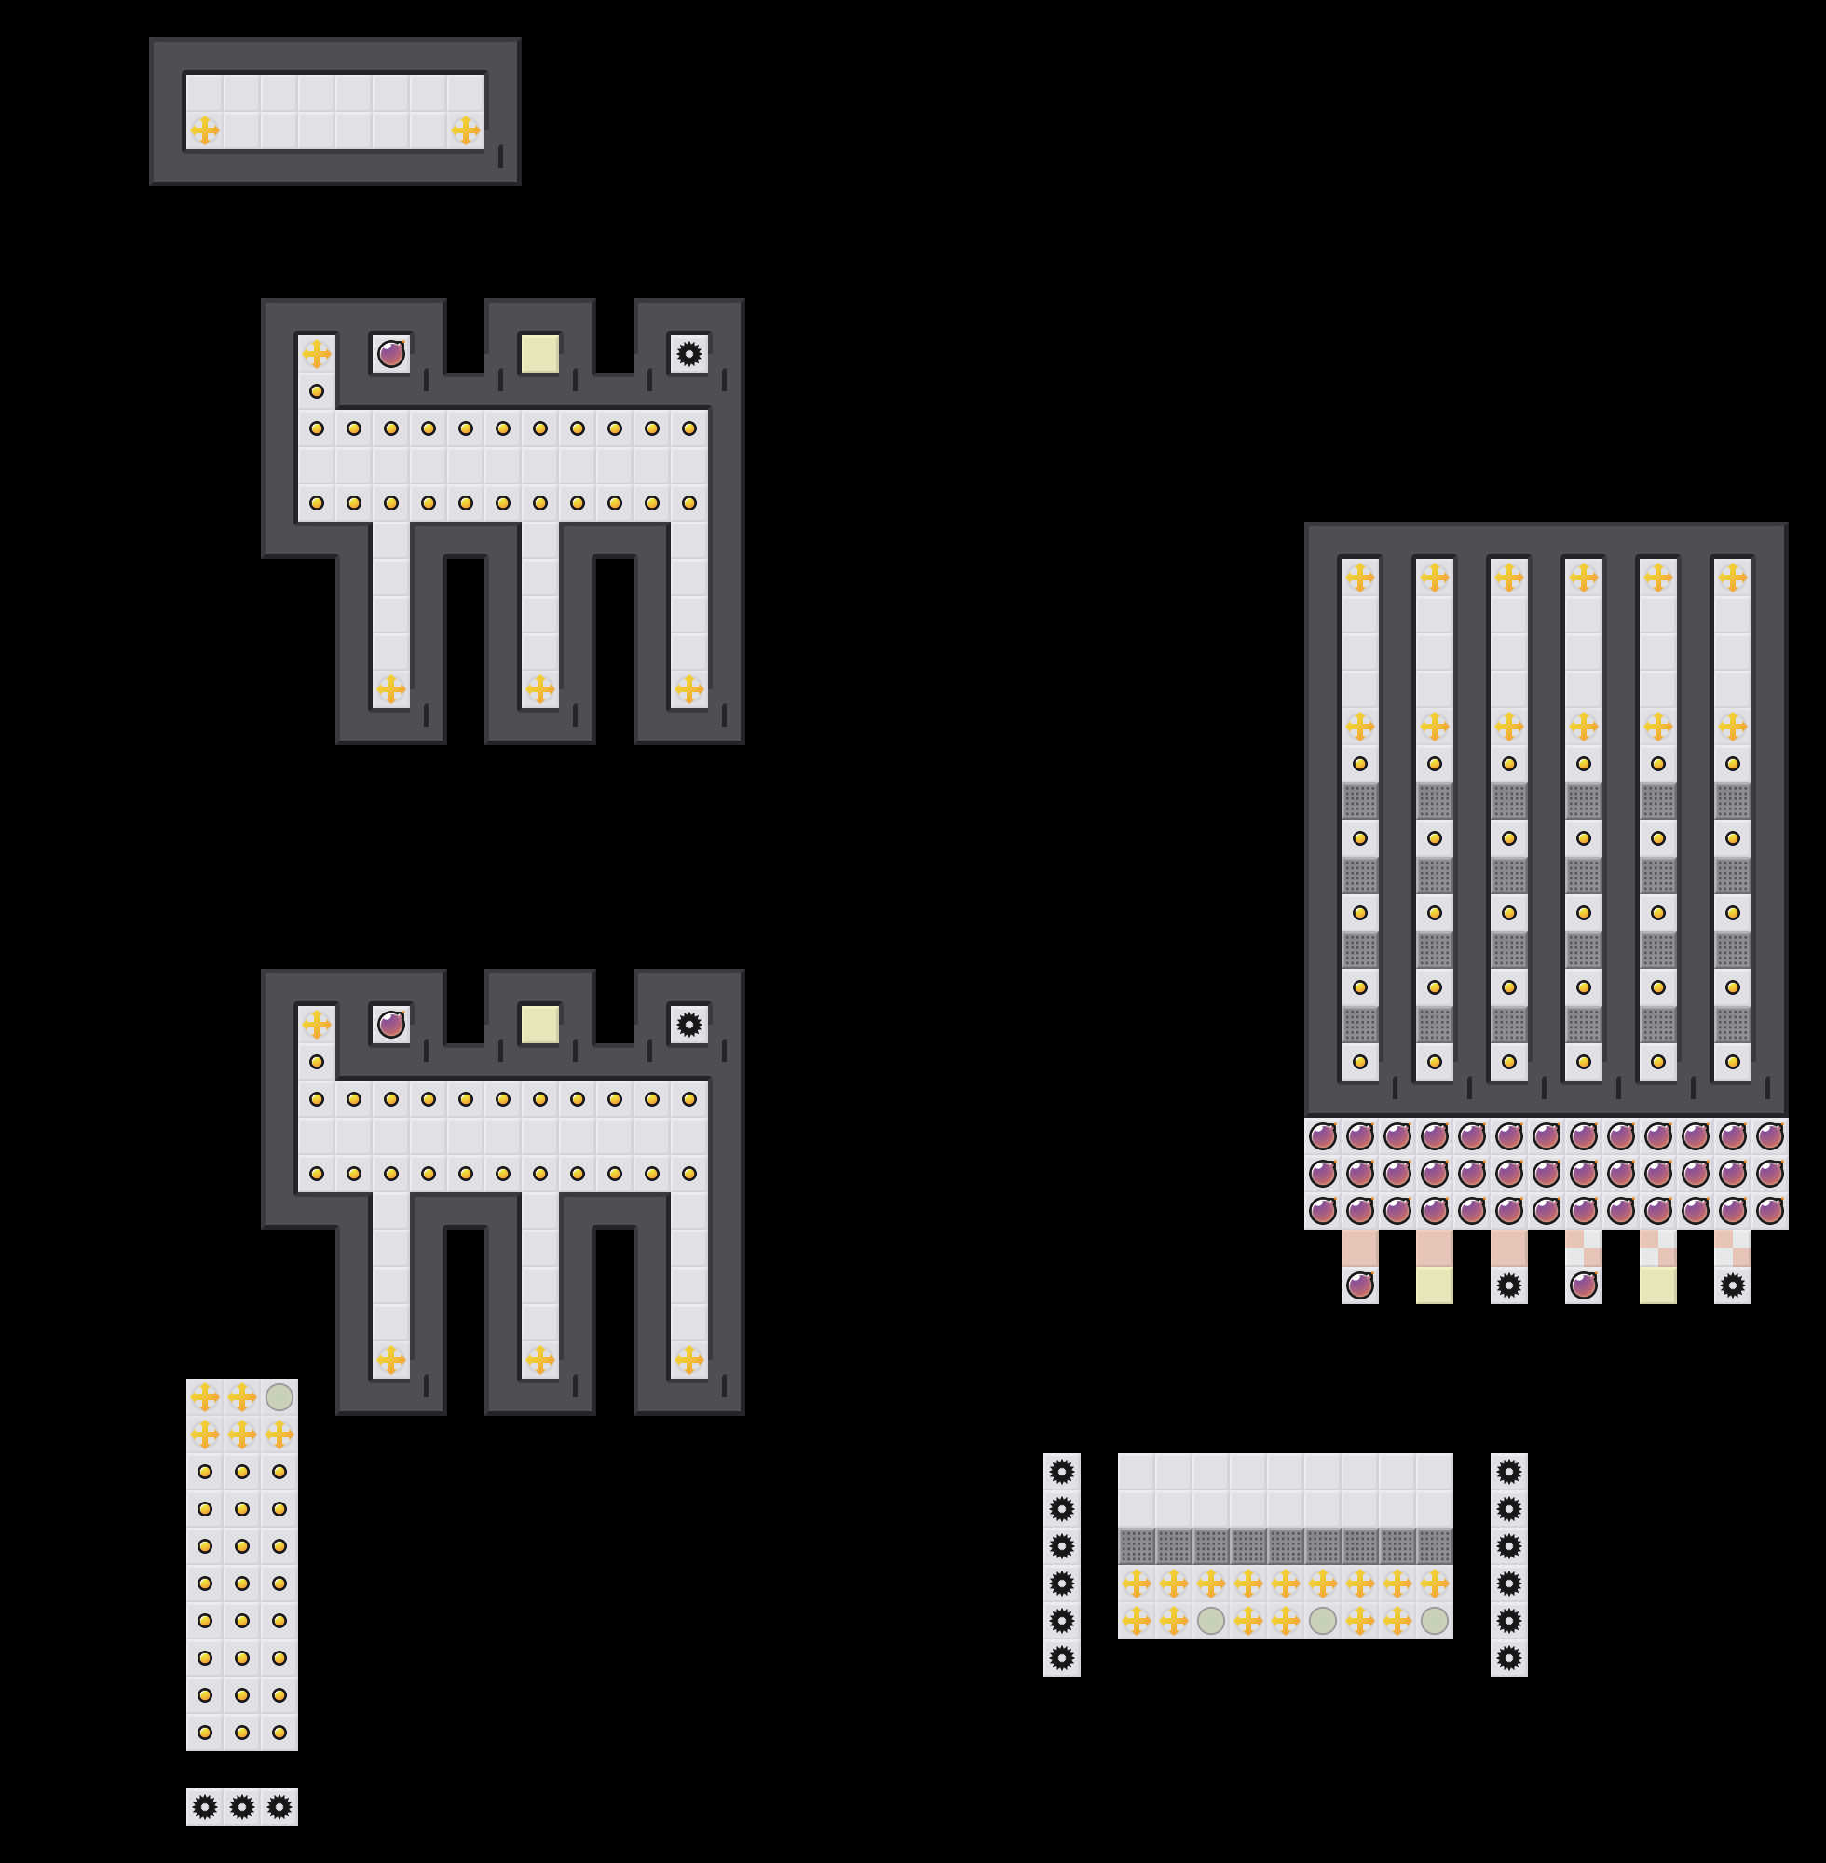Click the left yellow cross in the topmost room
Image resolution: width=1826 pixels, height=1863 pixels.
204,129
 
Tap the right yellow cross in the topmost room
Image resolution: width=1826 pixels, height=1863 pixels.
465,129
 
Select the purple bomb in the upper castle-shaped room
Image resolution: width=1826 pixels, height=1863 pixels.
391,354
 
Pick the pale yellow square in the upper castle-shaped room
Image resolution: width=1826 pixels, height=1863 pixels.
540,354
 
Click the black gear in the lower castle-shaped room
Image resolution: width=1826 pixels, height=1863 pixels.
688,1024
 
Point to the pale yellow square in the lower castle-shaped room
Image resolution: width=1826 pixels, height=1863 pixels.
540,1024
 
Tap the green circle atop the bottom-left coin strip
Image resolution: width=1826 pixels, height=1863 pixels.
279,1397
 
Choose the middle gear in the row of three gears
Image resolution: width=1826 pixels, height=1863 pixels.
241,1807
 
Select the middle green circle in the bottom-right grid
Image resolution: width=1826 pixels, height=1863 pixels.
1323,1622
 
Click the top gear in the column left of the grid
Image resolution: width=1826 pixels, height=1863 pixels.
1062,1472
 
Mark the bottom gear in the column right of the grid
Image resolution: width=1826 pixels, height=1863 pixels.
1508,1658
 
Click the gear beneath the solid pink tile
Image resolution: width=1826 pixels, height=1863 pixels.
1508,1285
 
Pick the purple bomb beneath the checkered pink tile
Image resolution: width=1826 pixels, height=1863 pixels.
1584,1285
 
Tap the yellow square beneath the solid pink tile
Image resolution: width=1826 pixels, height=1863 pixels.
1435,1285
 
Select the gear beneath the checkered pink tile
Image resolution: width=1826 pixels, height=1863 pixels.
1732,1285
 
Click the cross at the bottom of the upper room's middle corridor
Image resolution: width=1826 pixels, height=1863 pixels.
540,688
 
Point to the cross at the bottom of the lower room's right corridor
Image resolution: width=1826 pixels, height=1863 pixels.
688,1360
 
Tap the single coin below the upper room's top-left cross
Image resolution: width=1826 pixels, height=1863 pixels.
317,391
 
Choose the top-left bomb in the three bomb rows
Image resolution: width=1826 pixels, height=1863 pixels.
1323,1136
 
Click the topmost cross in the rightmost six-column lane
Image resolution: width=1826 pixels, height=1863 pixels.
1732,578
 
